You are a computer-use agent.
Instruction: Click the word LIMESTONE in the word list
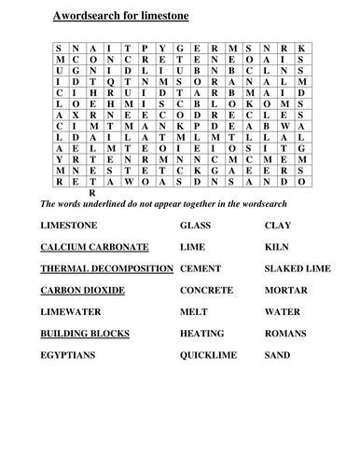[x=74, y=226]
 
